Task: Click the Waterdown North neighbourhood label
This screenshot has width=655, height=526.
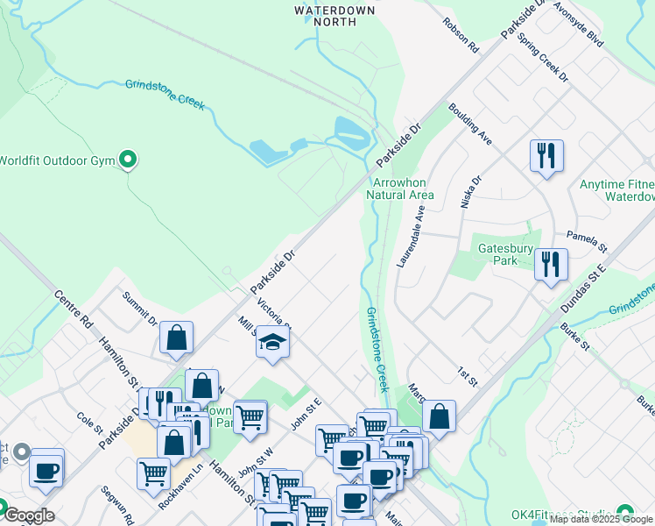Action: pos(335,17)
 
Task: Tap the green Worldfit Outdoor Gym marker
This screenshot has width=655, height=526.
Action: pos(129,160)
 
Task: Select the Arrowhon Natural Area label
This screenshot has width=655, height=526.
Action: pos(402,188)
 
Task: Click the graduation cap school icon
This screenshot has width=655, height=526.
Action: pos(273,341)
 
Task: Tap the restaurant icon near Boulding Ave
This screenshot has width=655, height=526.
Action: pos(546,156)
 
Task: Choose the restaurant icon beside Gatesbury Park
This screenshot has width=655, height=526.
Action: pos(551,264)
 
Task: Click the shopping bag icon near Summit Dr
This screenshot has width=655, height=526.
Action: pos(176,338)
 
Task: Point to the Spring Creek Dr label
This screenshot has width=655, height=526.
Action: pos(543,59)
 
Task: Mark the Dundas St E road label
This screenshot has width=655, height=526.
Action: pos(583,281)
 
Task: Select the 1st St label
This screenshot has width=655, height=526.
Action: pos(467,377)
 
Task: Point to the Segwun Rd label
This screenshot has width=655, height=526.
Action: pos(116,506)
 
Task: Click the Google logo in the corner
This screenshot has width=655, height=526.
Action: pos(29,515)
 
